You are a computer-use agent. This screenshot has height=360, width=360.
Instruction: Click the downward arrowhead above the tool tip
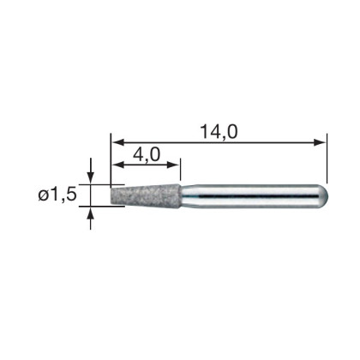[x=91, y=178]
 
